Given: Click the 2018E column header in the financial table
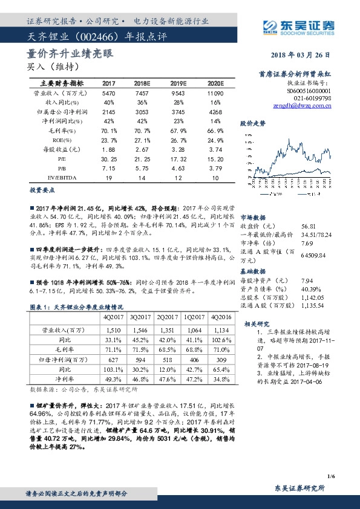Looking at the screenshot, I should click(142, 83).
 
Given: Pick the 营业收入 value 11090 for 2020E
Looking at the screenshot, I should click(206, 94).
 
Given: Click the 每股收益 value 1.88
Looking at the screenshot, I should click(110, 148).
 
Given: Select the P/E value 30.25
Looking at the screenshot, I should click(110, 158).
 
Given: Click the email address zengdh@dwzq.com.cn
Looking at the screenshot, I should click(302, 105).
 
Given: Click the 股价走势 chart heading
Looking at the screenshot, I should click(253, 123).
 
